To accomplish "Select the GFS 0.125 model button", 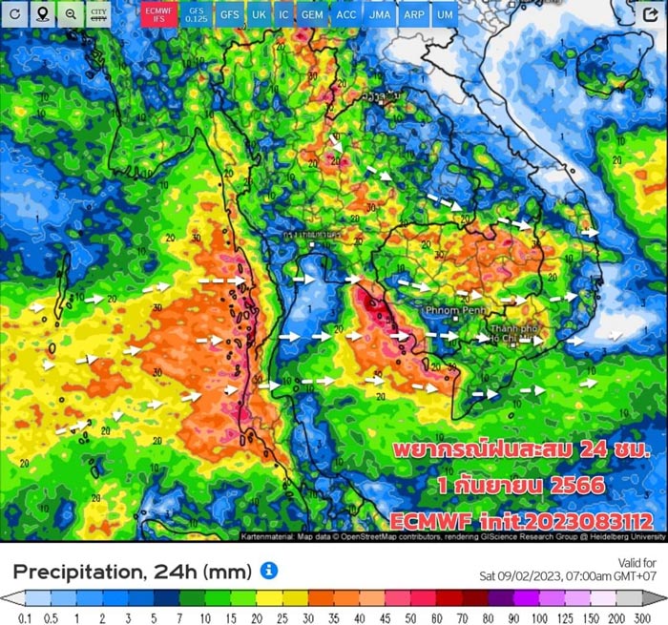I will coord(196,14).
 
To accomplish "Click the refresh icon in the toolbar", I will coord(15,14).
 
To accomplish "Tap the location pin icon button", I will coord(43,14).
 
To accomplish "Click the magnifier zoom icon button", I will coord(71,14).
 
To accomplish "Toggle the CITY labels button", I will coord(98,14).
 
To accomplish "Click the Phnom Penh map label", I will coord(456,309).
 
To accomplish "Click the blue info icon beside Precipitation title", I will coord(269,571).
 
